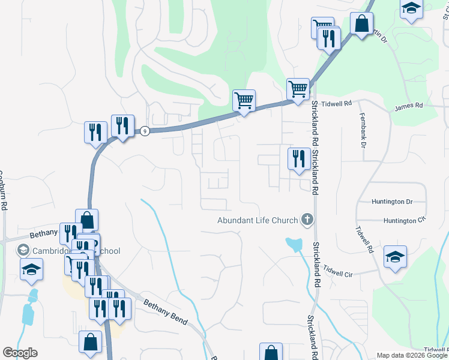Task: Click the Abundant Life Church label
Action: coord(258,220)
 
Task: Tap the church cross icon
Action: coord(307,220)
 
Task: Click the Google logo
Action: coord(20,353)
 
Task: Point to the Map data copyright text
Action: coord(412,355)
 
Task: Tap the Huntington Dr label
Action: coord(393,202)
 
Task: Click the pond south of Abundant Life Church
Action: coord(294,244)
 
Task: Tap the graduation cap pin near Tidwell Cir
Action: coord(395,257)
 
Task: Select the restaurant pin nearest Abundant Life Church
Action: coord(298,159)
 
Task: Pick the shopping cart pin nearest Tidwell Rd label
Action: coord(298,89)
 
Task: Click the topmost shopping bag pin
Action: coord(362,25)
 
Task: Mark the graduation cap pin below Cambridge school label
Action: coord(32,269)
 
